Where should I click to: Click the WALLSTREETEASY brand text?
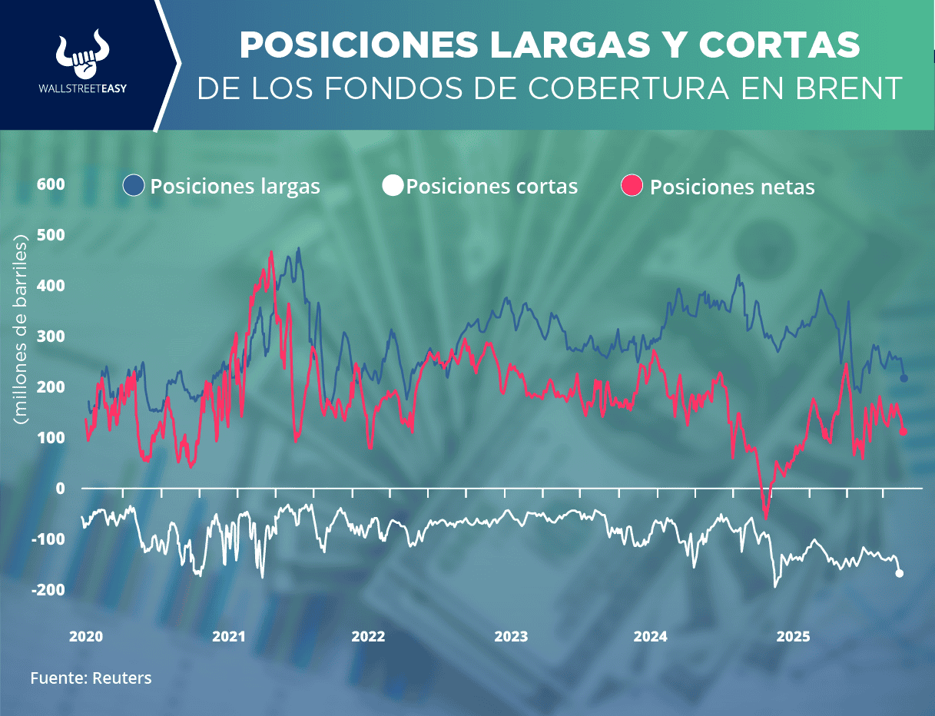(x=81, y=88)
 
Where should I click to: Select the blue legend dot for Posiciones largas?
(x=134, y=186)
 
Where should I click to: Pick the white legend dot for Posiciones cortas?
(x=393, y=186)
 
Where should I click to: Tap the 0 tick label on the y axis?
(x=61, y=489)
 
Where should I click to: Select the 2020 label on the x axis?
(x=86, y=636)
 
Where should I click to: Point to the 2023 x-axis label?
(x=511, y=636)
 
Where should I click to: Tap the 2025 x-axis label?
(x=793, y=636)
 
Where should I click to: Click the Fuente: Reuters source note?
(x=91, y=678)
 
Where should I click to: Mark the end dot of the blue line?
(x=904, y=378)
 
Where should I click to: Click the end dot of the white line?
(x=900, y=573)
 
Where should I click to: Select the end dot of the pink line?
(x=904, y=432)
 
